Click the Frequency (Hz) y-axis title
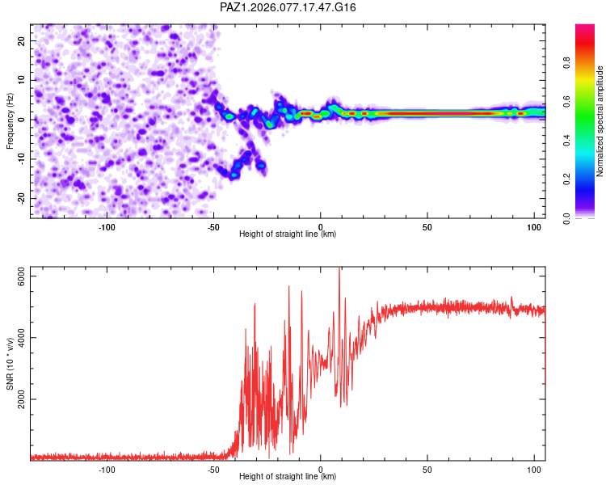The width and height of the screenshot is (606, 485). point(10,120)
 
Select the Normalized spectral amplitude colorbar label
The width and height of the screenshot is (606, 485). point(600,122)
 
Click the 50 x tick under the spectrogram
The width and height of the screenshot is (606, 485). point(427,226)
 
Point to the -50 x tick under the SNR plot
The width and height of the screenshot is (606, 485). point(213,469)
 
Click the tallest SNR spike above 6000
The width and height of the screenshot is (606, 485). point(339,271)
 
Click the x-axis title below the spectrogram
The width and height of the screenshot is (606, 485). point(288,234)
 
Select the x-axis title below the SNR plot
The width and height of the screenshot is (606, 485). point(288,477)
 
